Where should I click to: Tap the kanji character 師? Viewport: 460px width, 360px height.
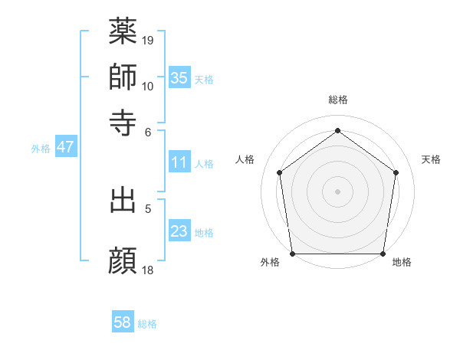click(123, 77)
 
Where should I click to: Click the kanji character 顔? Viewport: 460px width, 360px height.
click(123, 260)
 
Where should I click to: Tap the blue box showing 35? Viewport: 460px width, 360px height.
click(179, 77)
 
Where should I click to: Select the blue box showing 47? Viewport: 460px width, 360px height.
click(65, 147)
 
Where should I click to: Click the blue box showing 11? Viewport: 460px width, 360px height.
click(179, 162)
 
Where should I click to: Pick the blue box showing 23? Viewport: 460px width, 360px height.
click(179, 231)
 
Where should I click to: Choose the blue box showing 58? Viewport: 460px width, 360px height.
click(123, 322)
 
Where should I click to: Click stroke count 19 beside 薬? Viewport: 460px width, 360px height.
click(149, 38)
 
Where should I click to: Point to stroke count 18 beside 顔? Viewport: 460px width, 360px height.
click(149, 269)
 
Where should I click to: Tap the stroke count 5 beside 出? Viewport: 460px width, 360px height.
click(149, 207)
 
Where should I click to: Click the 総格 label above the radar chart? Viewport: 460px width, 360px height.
click(337, 100)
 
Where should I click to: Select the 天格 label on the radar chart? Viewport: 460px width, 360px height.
click(431, 159)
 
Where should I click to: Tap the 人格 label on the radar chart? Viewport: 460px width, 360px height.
click(245, 159)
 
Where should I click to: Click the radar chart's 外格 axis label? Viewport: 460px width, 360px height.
click(270, 263)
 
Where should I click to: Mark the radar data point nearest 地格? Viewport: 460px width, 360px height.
click(383, 254)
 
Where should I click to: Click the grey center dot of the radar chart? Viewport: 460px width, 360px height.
click(337, 191)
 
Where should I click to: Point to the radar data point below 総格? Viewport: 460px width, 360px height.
click(337, 131)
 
